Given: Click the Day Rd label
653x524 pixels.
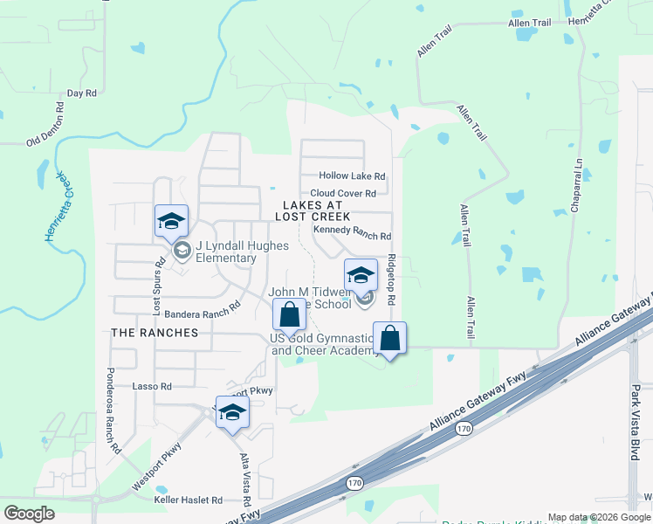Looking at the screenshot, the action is point(81,93).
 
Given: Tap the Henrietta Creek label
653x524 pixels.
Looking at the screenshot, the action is point(54,206).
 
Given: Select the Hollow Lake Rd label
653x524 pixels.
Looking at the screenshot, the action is point(352,176).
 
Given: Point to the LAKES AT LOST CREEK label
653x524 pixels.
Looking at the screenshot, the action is point(313,210).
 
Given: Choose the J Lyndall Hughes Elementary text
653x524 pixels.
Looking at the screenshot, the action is point(242,252).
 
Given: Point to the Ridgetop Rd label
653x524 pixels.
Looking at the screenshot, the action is point(392,279).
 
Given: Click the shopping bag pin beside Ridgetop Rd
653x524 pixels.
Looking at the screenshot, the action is point(389,338).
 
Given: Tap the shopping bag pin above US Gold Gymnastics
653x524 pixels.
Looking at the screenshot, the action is point(289,316).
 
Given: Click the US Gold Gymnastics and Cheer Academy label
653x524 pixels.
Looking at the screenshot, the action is point(322,344).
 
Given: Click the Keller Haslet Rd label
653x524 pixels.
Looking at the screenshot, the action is point(188,500).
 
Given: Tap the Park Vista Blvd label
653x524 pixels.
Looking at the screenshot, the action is point(636,422).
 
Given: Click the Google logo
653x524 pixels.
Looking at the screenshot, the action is point(29,514).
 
